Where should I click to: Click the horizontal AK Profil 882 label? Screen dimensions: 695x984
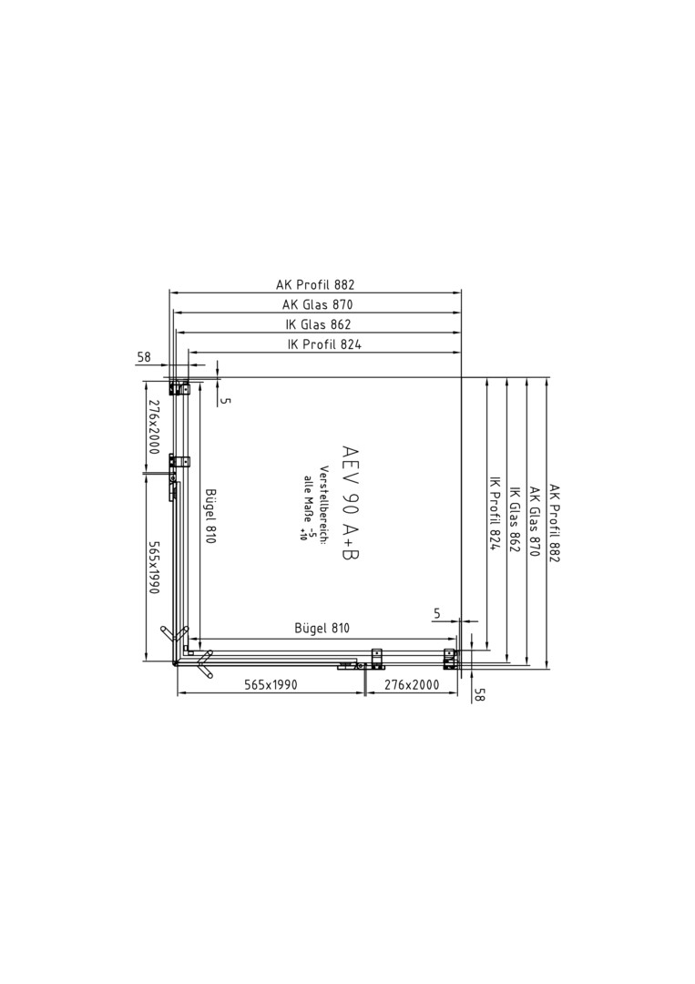[x=315, y=284]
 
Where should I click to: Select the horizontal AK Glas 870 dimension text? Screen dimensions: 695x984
[x=317, y=304]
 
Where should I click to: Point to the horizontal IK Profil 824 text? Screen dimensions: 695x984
[x=324, y=343]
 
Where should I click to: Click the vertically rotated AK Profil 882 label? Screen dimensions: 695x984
[x=554, y=522]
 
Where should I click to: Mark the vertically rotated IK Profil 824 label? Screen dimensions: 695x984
[x=494, y=512]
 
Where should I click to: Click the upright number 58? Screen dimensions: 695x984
[x=144, y=357]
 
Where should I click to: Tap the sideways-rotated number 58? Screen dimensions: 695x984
[x=480, y=694]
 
